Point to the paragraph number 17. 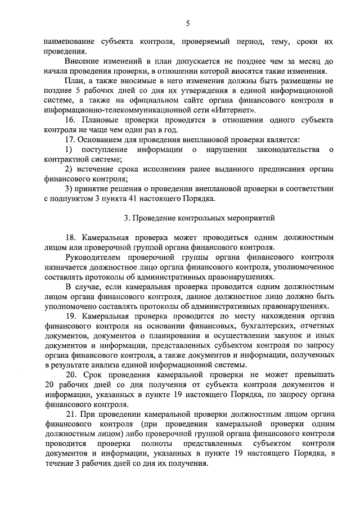[x=71, y=139]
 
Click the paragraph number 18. [x=71, y=237]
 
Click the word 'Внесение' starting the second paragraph [x=83, y=61]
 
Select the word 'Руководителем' [x=92, y=256]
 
